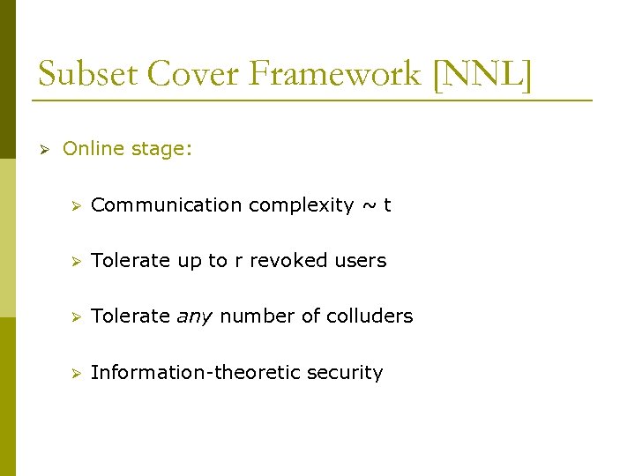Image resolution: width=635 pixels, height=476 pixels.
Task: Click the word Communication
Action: (167, 205)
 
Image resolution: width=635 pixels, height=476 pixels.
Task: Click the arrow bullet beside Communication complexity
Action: (77, 205)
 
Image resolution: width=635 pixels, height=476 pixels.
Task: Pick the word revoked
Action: (289, 261)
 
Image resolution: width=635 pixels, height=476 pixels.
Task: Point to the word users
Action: (360, 261)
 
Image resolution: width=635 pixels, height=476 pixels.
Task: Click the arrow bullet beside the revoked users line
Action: (77, 261)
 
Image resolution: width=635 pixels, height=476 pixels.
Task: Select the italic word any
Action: (194, 316)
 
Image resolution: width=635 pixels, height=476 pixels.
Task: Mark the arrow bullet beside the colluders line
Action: (77, 316)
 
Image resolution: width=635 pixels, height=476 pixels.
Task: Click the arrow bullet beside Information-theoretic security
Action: (77, 373)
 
